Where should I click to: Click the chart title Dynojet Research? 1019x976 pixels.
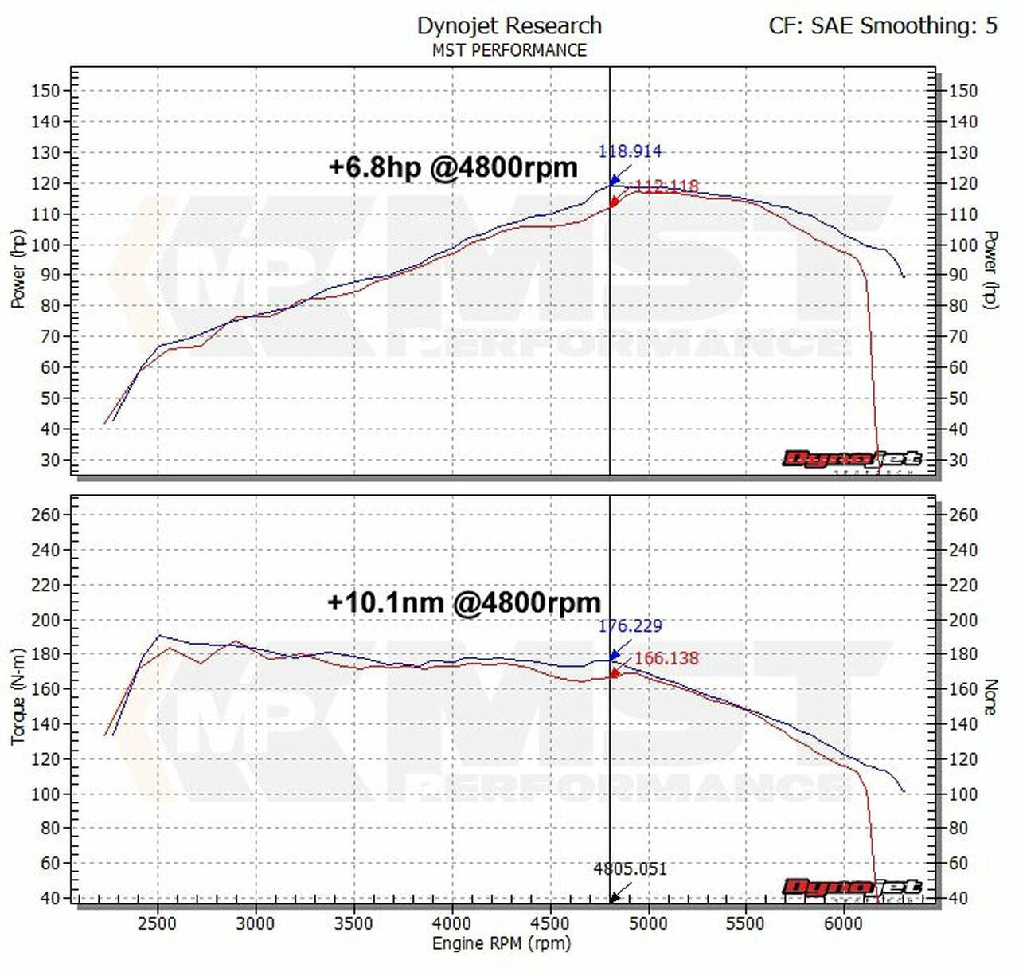[x=509, y=25]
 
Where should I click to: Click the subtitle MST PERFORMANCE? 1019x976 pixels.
[x=509, y=50]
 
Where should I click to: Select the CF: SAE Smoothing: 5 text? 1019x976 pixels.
[x=882, y=25]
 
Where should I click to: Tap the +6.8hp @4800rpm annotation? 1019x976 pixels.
[x=452, y=167]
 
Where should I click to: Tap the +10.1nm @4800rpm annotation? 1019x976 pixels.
[x=463, y=602]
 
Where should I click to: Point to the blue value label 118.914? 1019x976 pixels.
[x=630, y=151]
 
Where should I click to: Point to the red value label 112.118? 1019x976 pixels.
[x=667, y=186]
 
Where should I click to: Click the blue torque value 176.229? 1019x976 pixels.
[x=630, y=626]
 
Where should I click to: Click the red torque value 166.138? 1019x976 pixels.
[x=666, y=658]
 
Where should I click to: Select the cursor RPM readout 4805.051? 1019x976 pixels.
[x=630, y=868]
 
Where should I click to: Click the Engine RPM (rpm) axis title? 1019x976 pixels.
[x=502, y=943]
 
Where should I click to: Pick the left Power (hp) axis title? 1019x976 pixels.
[x=18, y=269]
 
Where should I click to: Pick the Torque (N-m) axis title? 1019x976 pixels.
[x=18, y=696]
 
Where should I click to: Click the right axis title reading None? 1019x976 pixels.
[x=991, y=696]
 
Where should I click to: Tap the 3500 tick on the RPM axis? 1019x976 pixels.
[x=353, y=923]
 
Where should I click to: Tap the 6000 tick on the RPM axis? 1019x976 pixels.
[x=843, y=923]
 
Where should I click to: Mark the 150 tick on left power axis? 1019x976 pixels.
[x=45, y=91]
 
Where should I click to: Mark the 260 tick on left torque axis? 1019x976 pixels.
[x=45, y=515]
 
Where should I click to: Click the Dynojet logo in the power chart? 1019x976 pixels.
[x=852, y=460]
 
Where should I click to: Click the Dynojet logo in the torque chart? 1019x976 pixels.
[x=852, y=888]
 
